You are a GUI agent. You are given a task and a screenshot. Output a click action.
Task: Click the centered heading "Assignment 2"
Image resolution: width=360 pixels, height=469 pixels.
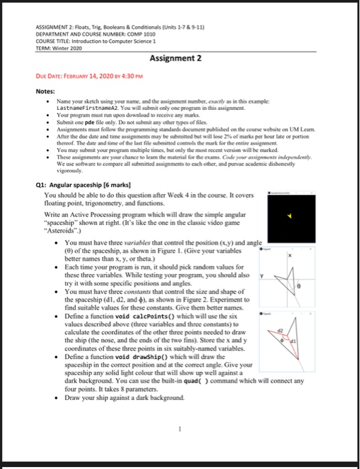[x=180, y=58]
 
